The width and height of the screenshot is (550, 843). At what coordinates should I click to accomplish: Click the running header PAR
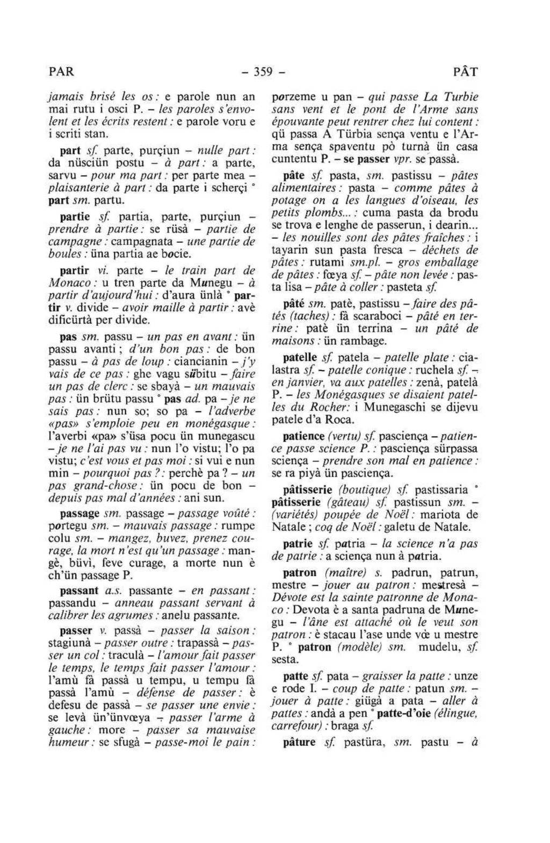click(x=61, y=71)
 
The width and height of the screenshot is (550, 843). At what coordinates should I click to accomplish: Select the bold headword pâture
click(x=299, y=743)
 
